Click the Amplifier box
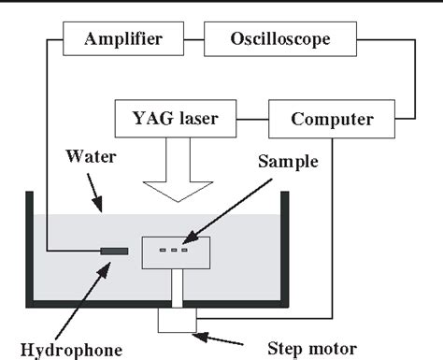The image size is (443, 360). [x=123, y=39]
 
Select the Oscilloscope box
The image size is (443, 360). [x=280, y=39]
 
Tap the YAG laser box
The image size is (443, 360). [x=176, y=119]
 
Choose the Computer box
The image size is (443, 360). [x=332, y=119]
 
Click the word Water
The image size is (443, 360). [x=91, y=156]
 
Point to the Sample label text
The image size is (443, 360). [x=288, y=162]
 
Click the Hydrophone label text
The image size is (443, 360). [x=71, y=350]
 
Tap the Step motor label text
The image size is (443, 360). [x=312, y=349]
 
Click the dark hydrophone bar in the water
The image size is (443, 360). [x=114, y=252]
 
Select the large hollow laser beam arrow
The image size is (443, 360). [x=178, y=170]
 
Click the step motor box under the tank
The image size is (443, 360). [x=178, y=320]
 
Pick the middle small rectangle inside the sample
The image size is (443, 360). [x=174, y=250]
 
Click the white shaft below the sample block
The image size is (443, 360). [x=178, y=288]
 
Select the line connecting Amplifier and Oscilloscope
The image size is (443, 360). [x=193, y=39]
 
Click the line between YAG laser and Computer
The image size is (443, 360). [x=252, y=119]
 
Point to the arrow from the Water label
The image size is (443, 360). [x=94, y=193]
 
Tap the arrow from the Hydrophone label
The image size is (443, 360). [x=83, y=301]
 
